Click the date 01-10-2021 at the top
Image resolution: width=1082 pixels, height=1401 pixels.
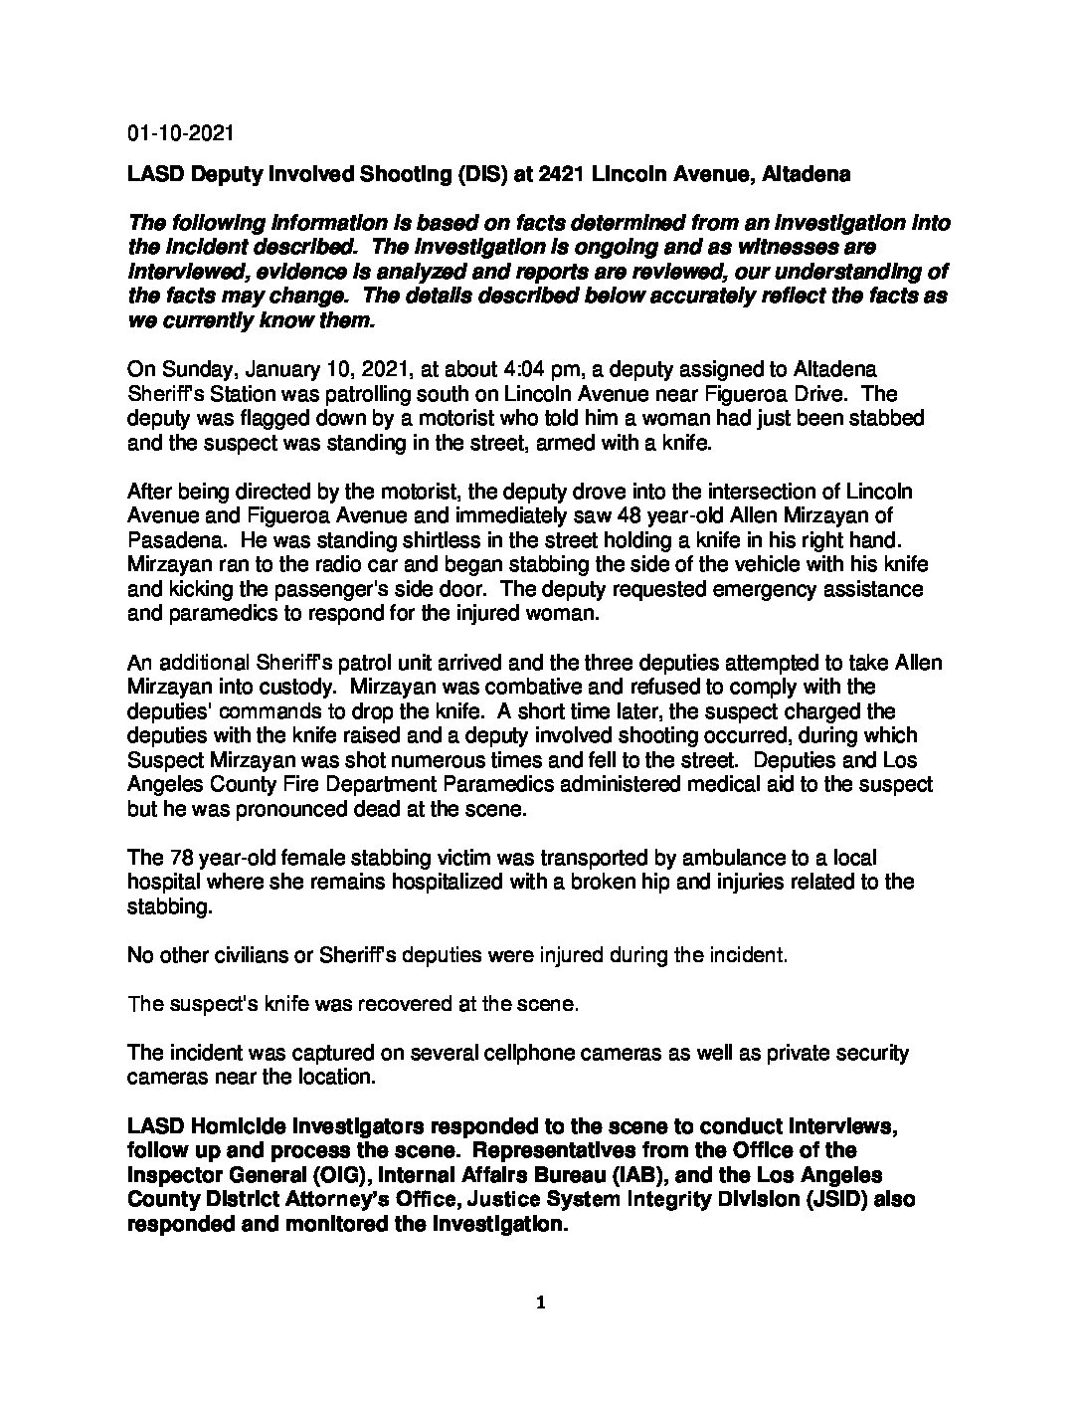point(180,133)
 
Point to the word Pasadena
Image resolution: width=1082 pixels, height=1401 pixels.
point(168,540)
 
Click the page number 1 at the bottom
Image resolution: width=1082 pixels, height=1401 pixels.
point(540,1302)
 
